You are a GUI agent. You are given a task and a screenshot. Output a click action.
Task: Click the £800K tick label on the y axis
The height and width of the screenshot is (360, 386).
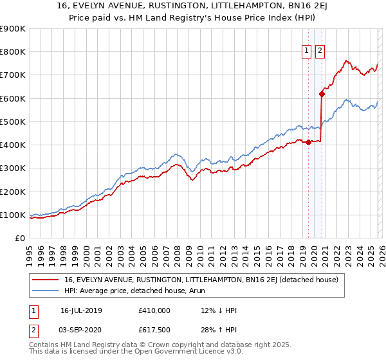(12, 52)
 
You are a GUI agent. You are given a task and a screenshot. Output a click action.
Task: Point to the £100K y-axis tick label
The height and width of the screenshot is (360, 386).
(12, 215)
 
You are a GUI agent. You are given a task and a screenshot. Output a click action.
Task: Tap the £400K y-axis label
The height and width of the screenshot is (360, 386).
(12, 145)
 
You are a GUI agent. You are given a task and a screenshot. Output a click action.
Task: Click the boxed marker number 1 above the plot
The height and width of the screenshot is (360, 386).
(306, 52)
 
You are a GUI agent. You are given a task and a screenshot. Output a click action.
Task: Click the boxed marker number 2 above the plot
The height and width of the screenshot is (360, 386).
(320, 52)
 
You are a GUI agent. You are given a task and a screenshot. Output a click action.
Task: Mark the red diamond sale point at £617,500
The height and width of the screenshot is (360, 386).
(322, 94)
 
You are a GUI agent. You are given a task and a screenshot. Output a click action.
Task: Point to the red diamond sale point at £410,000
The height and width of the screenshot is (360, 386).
(308, 142)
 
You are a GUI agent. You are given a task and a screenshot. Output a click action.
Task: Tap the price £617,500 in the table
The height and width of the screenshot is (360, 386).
(154, 329)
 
